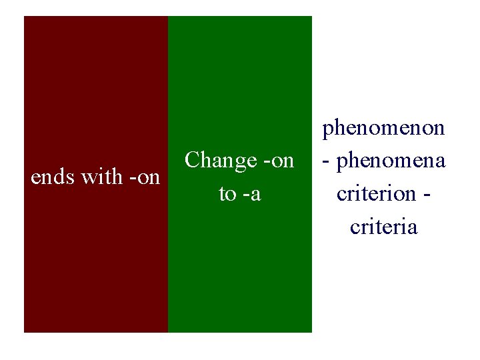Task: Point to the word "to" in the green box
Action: click(x=227, y=194)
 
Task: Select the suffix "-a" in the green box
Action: click(x=251, y=194)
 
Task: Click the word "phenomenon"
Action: click(x=384, y=128)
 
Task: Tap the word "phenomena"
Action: click(x=392, y=161)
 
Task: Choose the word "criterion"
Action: click(x=377, y=194)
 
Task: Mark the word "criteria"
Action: click(x=384, y=227)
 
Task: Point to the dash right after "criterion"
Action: click(x=427, y=195)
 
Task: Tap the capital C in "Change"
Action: click(x=193, y=161)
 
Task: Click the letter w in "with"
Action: click(x=89, y=178)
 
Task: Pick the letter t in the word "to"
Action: click(x=222, y=194)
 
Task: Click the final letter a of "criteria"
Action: click(x=413, y=228)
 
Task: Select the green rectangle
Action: click(x=240, y=267)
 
